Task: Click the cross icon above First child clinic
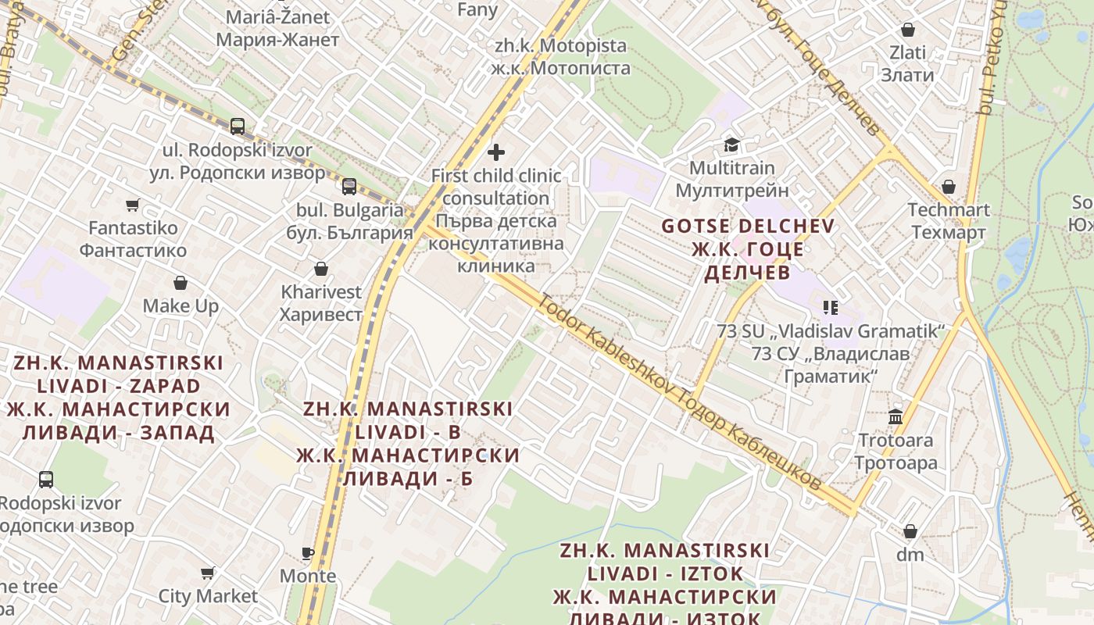[496, 152]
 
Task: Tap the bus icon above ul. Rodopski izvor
[238, 126]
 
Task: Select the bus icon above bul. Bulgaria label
[349, 186]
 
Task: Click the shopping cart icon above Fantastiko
[133, 205]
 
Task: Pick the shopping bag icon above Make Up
[181, 282]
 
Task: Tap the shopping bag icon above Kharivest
[320, 269]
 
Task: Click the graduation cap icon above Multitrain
[731, 145]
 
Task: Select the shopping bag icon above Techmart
[948, 187]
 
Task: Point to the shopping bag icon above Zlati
[908, 30]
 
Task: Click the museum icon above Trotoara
[896, 416]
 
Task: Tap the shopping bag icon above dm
[910, 531]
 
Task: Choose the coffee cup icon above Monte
[308, 553]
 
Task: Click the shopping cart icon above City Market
[208, 573]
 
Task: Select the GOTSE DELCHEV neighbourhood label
[748, 227]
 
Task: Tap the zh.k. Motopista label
[561, 46]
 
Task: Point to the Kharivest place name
[321, 292]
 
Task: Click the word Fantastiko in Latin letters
[133, 228]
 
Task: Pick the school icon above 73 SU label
[831, 307]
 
